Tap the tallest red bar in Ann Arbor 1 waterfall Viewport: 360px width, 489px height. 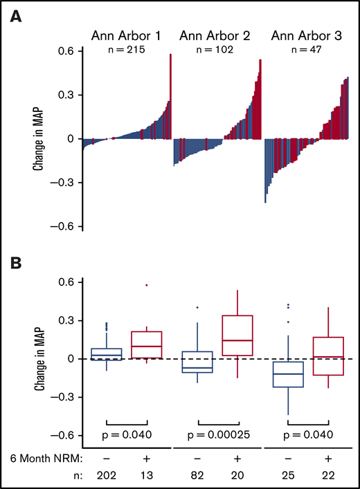170,97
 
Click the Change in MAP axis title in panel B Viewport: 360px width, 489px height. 40,358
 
